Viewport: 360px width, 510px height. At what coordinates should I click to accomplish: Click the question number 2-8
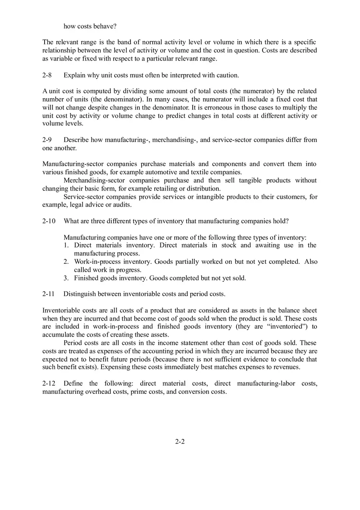click(x=47, y=75)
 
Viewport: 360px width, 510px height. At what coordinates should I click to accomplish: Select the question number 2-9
click(x=47, y=140)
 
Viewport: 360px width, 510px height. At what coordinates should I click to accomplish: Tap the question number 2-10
click(x=49, y=221)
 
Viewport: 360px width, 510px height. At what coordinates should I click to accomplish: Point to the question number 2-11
click(x=48, y=294)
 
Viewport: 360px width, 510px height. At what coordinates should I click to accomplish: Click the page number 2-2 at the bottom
click(x=180, y=442)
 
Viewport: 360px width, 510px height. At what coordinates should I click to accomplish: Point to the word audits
click(x=121, y=205)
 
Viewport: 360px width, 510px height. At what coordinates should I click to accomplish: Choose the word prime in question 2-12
click(x=139, y=392)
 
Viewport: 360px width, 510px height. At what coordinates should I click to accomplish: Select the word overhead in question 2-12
click(x=93, y=392)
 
